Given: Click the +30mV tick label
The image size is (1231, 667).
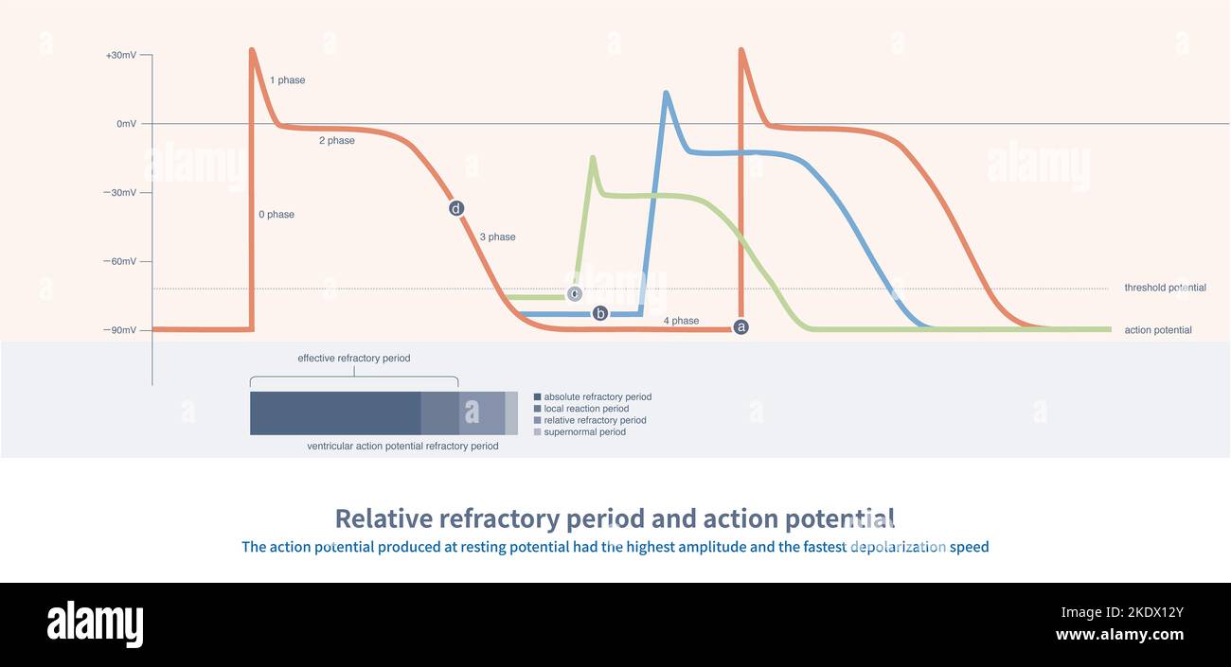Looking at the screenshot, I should pos(120,56).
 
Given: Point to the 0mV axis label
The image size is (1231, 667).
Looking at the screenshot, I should pos(126,124).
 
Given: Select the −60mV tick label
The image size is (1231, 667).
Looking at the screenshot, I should pos(120,262).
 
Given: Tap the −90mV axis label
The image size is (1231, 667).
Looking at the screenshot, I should pos(120,330).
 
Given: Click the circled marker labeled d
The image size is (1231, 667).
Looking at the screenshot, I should pos(456,208).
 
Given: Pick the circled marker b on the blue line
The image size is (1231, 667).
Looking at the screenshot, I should pos(599,313).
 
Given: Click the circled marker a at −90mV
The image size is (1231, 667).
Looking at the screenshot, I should pos(741,326).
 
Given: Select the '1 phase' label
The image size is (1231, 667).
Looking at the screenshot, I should pos(287,80).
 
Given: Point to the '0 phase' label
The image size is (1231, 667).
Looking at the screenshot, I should pos(277,215).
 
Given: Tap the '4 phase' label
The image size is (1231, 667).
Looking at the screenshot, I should pos(681,321).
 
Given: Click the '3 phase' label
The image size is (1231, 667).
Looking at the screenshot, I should pos(497,237).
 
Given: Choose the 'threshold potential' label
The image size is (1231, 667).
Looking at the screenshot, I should pos(1165,288).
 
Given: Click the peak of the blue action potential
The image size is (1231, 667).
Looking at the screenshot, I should pos(666,93).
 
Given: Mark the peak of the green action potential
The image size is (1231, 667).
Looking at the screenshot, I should pos(593,158).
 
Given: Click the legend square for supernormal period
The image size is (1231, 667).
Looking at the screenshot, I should pos(538,432).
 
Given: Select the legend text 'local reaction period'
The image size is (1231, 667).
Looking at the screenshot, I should pos(586,409).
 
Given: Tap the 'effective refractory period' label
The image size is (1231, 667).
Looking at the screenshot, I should pos(354,359).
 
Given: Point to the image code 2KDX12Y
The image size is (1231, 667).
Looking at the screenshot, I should pos(1148,612).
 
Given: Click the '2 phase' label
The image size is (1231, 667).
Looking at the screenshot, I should pos(336,141).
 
